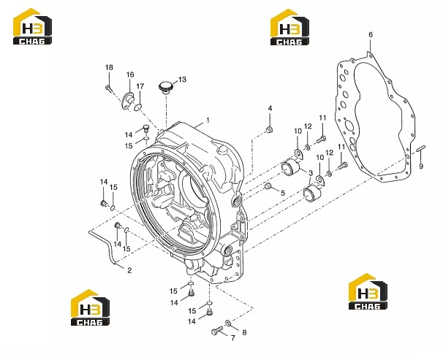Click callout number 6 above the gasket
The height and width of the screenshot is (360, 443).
click(371, 35)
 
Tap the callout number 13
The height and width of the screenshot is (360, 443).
click(182, 80)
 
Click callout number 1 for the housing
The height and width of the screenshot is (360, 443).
click(208, 120)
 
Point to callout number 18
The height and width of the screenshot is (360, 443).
click(109, 67)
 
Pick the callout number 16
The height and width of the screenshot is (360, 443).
click(130, 74)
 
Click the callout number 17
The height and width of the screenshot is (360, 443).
click(140, 86)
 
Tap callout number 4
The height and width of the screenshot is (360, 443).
click(270, 108)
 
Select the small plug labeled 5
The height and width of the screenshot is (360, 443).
click(268, 186)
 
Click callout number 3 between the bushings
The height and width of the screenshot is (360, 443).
click(310, 173)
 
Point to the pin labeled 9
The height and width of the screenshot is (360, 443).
click(421, 148)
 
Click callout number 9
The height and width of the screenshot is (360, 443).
click(421, 166)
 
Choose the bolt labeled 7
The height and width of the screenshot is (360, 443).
click(217, 332)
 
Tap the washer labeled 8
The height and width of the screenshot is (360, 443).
click(228, 323)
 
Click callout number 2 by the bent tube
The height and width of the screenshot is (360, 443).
click(129, 271)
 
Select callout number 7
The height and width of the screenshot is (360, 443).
click(232, 337)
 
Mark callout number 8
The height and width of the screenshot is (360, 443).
click(244, 332)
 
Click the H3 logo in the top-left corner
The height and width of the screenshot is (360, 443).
click(32, 26)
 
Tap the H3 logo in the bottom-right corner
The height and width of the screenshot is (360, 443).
click(368, 291)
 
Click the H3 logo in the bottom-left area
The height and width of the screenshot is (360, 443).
click(90, 307)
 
